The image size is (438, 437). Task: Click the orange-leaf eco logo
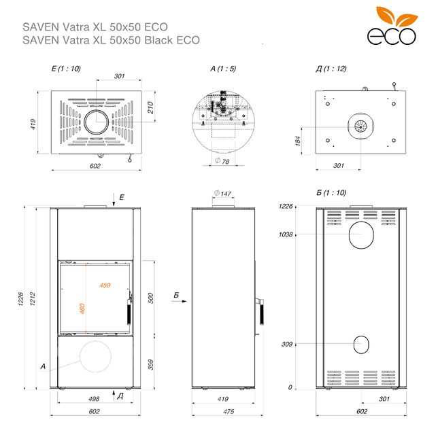[x=392, y=26]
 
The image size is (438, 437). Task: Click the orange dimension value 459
[x=105, y=285]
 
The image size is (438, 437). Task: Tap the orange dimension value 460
[x=82, y=309]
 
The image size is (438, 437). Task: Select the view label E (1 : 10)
[x=66, y=69]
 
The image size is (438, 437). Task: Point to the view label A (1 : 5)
[x=223, y=69]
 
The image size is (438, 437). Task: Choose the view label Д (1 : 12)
[x=331, y=69]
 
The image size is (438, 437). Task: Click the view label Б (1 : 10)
[x=331, y=192]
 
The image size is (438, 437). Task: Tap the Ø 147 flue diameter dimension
[x=222, y=193]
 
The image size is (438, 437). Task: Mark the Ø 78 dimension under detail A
[x=222, y=161]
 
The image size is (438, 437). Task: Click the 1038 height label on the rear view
[x=286, y=234]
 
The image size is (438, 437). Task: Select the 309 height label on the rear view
[x=287, y=344]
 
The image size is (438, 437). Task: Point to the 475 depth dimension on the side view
[x=229, y=411]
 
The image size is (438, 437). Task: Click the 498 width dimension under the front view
[x=94, y=399]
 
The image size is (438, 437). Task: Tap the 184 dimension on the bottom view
[x=298, y=141]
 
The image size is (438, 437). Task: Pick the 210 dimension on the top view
[x=150, y=107]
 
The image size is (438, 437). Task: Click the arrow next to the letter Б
[x=179, y=301]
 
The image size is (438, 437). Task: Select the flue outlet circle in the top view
[x=97, y=122]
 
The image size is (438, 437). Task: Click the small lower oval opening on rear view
[x=361, y=345]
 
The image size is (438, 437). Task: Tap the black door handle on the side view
[x=262, y=313]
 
